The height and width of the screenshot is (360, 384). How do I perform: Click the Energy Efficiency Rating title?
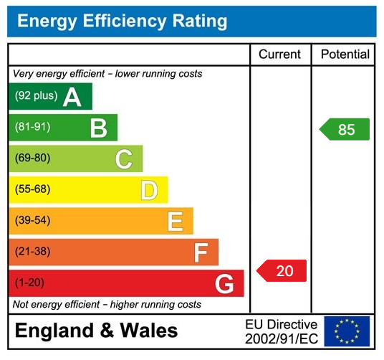tap(122, 22)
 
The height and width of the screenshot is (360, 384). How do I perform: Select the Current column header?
tap(279, 55)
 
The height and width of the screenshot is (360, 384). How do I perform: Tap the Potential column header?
tap(345, 55)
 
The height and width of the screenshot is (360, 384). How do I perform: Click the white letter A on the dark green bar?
tap(72, 97)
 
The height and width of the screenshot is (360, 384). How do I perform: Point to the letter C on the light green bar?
tap(124, 158)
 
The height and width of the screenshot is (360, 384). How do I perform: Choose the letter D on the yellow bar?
tap(149, 190)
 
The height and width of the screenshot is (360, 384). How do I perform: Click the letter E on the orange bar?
tap(175, 221)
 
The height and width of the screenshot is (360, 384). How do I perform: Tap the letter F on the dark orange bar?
tap(201, 252)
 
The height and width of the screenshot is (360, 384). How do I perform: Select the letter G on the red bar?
tap(224, 284)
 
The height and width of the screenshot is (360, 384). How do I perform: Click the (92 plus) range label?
tap(36, 96)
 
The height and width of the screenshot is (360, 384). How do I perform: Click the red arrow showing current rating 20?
tap(282, 270)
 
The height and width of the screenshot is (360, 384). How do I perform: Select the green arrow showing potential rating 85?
tap(345, 130)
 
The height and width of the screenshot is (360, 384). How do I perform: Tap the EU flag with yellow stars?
tap(347, 331)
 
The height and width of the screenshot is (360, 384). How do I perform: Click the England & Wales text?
tap(97, 331)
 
